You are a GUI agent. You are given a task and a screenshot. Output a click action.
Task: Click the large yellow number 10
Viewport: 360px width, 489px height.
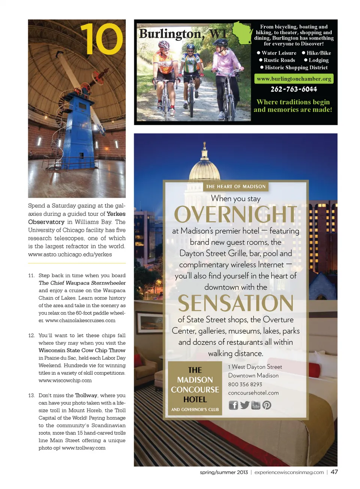click(101, 39)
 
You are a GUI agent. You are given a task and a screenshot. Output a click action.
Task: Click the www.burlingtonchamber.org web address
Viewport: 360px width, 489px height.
click(294, 79)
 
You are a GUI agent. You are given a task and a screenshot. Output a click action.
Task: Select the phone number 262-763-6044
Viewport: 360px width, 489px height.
click(294, 89)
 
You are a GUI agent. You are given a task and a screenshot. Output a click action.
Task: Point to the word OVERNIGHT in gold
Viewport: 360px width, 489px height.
click(235, 214)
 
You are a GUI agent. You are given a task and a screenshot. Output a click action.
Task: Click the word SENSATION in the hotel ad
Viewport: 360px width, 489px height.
click(235, 303)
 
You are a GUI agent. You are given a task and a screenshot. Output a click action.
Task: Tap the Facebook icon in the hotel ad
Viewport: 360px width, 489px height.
click(233, 405)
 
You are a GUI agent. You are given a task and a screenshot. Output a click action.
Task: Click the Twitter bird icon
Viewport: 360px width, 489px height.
click(244, 405)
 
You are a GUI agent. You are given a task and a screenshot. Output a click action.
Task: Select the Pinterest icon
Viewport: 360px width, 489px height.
click(267, 405)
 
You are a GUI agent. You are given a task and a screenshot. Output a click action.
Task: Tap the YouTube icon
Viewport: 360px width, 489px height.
click(256, 405)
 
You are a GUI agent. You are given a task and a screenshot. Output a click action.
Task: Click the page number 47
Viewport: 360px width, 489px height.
click(334, 472)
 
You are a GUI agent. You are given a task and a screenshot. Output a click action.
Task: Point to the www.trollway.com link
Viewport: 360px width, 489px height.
click(84, 448)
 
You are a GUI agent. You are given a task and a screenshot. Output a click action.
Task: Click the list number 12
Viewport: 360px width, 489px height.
click(31, 335)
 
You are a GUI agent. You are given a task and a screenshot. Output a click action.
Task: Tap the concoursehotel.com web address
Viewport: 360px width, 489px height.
click(253, 393)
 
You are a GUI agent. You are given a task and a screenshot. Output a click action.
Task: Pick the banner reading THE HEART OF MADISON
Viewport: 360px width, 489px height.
click(235, 187)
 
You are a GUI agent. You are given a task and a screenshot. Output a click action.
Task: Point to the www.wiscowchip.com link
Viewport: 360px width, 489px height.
click(65, 380)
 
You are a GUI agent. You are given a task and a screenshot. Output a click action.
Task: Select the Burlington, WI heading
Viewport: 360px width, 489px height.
click(183, 34)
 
